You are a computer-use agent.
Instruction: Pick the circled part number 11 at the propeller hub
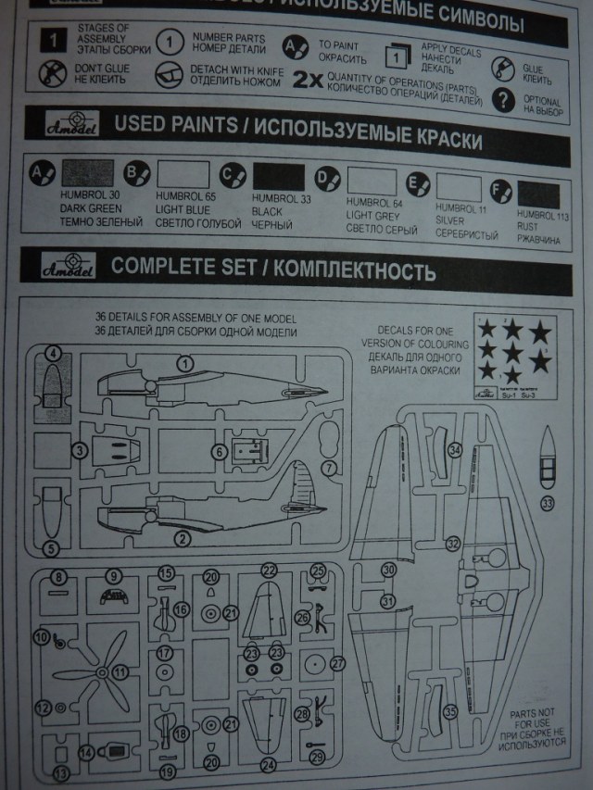click(x=120, y=671)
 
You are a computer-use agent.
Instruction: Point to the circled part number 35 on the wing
click(x=450, y=712)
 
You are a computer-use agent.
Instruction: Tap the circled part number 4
click(x=54, y=353)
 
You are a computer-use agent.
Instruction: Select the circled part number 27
click(x=337, y=664)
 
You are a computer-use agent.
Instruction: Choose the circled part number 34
click(x=454, y=450)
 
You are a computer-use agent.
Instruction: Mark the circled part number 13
click(x=61, y=771)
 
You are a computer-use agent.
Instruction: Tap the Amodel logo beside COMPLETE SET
click(x=65, y=269)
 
